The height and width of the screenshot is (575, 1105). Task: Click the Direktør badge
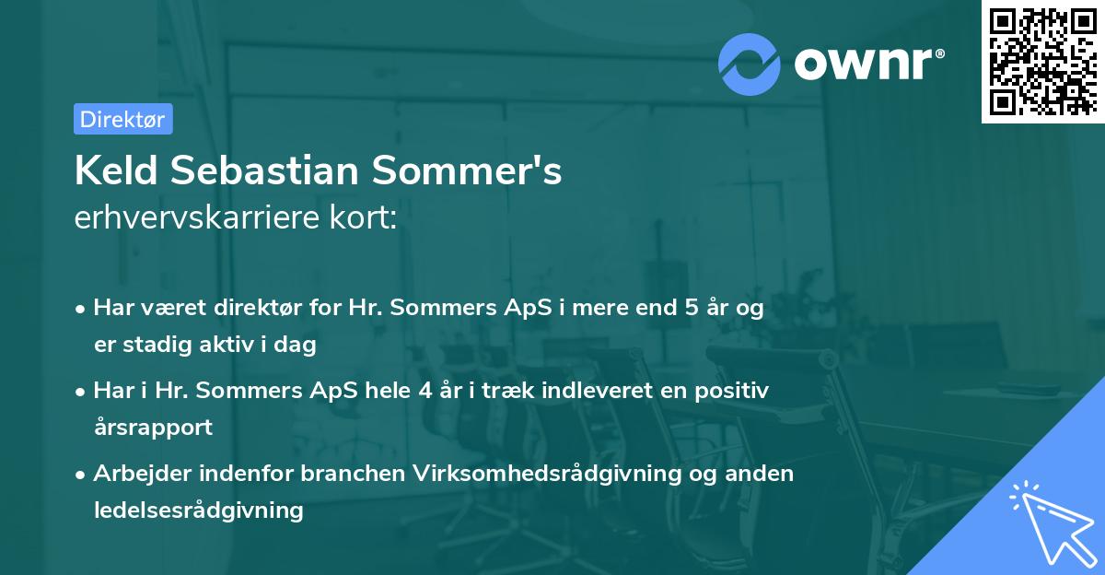click(x=122, y=119)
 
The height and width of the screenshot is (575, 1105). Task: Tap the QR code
click(x=1042, y=61)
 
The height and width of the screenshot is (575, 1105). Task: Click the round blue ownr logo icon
click(x=750, y=64)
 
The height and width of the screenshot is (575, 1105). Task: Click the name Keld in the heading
click(x=112, y=171)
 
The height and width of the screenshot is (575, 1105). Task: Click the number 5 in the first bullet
click(x=691, y=308)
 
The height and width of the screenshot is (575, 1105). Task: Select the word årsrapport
click(x=153, y=428)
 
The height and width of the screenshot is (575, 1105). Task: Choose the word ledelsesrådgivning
click(x=198, y=510)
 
